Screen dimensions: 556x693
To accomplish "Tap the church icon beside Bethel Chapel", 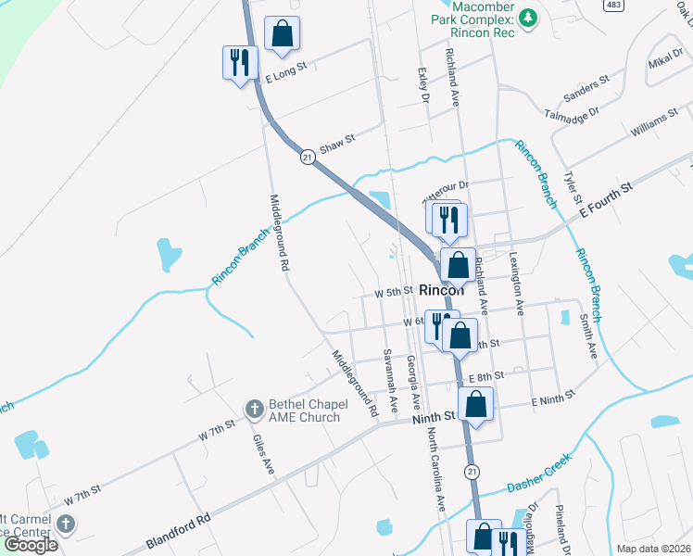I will tap(254, 409).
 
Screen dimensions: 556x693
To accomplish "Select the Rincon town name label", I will tap(441, 288).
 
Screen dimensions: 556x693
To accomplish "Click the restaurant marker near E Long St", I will tap(240, 63).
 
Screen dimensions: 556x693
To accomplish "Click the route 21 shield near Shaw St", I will tap(307, 158).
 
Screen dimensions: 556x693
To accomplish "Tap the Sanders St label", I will tap(586, 86).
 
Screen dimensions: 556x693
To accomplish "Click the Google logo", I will tap(31, 544).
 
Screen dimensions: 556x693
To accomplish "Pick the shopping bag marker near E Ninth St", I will tap(476, 404).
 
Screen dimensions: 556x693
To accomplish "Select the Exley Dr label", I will tap(425, 83).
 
